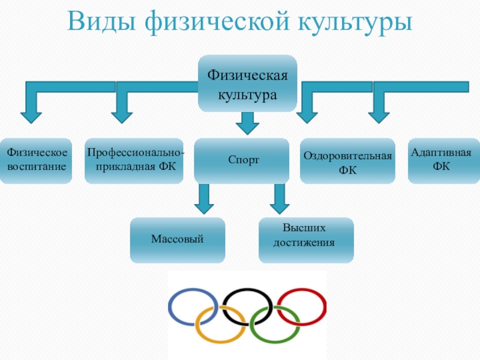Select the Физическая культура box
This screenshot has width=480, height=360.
click(x=247, y=83)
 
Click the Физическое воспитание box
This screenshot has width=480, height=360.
click(x=37, y=160)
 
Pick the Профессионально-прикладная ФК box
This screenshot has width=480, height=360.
click(x=134, y=160)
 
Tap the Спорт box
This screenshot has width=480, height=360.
click(x=243, y=161)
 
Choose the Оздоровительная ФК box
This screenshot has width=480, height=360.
click(x=347, y=161)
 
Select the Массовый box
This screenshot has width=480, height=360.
click(x=178, y=240)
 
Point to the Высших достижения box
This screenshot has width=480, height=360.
click(x=305, y=240)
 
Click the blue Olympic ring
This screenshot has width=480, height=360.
click(x=172, y=306)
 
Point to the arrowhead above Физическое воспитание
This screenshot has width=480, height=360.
click(x=31, y=110)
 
